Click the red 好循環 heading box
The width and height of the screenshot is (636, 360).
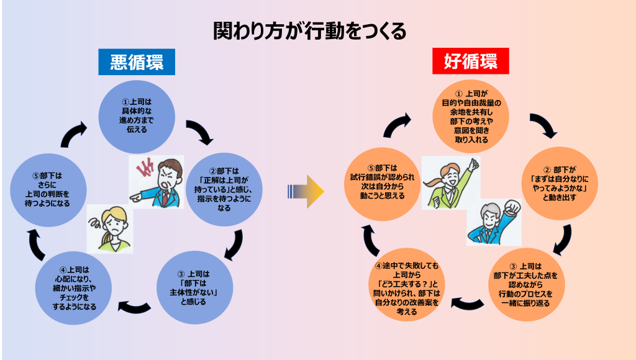tap(470, 62)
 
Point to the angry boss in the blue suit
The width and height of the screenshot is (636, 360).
tap(165, 183)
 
